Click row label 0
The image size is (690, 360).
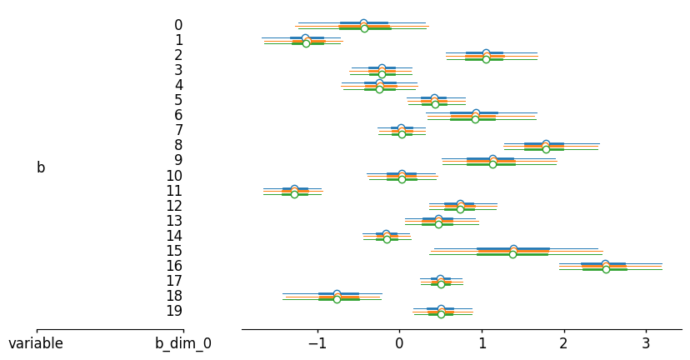[x=178, y=25]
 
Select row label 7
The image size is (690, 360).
[x=178, y=130]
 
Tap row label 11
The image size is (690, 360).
[x=174, y=191]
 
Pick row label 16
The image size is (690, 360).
[x=174, y=266]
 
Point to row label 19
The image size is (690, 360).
[x=174, y=311]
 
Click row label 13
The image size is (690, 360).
[x=174, y=221]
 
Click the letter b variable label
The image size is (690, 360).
[x=41, y=167]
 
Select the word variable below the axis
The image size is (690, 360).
[x=36, y=343]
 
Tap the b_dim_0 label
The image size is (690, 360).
[x=183, y=343]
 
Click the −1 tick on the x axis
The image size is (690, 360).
[x=317, y=343]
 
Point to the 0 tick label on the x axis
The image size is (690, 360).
[x=399, y=343]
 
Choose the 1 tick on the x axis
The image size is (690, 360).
[x=481, y=343]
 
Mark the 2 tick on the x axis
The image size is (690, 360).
[x=563, y=343]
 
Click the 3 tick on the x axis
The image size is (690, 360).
[x=646, y=343]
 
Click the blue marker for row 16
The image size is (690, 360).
[x=605, y=263]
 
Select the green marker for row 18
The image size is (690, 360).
[x=337, y=299]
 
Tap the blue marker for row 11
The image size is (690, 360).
[x=294, y=188]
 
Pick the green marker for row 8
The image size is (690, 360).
[x=546, y=149]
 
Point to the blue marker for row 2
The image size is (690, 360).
[x=486, y=52]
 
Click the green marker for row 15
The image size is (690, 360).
[x=512, y=254]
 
